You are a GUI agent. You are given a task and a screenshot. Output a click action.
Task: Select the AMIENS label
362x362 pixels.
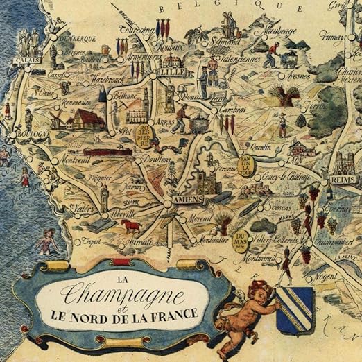coord(187,200)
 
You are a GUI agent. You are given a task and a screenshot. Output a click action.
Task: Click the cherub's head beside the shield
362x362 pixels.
coord(260,290)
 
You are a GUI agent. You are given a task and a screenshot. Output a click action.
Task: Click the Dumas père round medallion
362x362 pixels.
coord(241,240)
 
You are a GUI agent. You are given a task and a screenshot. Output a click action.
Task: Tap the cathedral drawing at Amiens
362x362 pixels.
coord(204,181)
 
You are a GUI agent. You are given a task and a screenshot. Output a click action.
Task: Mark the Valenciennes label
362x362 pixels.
coord(240,60)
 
